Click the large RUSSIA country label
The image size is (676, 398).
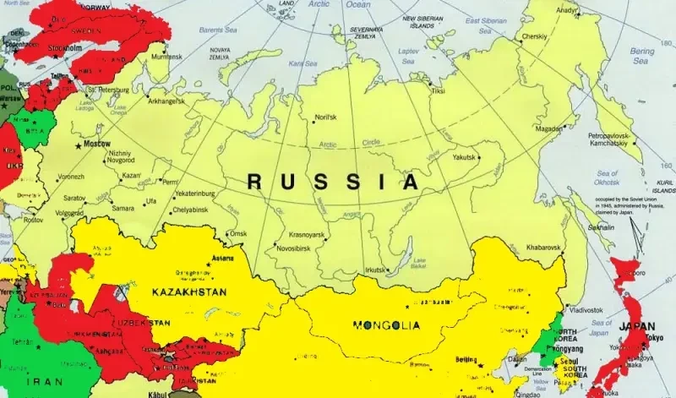332,181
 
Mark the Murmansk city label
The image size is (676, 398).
166,57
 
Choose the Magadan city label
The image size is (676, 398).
549,128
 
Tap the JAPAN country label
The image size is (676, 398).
637,327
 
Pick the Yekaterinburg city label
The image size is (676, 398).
196,194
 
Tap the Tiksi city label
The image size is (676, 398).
438,90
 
